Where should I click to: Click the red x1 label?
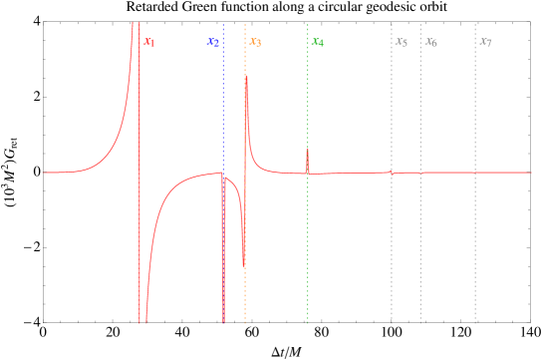[x=149, y=42]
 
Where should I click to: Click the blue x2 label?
[x=213, y=42]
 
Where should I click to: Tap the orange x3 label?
[x=255, y=42]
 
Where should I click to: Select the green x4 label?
[x=317, y=42]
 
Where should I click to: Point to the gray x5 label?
[x=402, y=42]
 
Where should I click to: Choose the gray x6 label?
[x=430, y=42]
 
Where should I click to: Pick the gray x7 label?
[x=485, y=42]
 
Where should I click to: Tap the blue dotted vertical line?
[x=223, y=100]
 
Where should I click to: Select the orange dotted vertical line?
[x=245, y=299]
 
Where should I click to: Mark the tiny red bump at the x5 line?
[x=392, y=172]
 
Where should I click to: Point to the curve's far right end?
[x=530, y=173]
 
